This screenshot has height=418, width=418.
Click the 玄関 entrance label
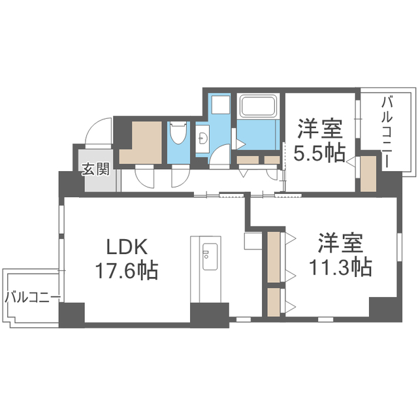(96, 169)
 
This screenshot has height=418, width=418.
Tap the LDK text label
(127, 247)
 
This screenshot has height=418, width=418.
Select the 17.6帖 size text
(127, 270)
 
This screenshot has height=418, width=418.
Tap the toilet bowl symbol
(178, 133)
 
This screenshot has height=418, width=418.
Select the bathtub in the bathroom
(258, 106)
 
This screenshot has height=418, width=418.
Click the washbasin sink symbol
(202, 139)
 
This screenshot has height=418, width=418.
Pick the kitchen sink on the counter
(210, 256)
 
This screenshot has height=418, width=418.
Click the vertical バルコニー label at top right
(387, 132)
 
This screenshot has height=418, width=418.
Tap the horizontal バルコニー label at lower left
(33, 297)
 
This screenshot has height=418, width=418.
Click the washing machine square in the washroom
(221, 104)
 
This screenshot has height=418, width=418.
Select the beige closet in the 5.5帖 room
(368, 174)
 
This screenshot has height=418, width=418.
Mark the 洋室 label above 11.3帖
(340, 243)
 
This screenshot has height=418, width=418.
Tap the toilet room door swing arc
(180, 176)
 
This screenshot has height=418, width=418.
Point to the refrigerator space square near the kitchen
(253, 241)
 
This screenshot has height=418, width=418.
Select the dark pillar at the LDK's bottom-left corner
(72, 315)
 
